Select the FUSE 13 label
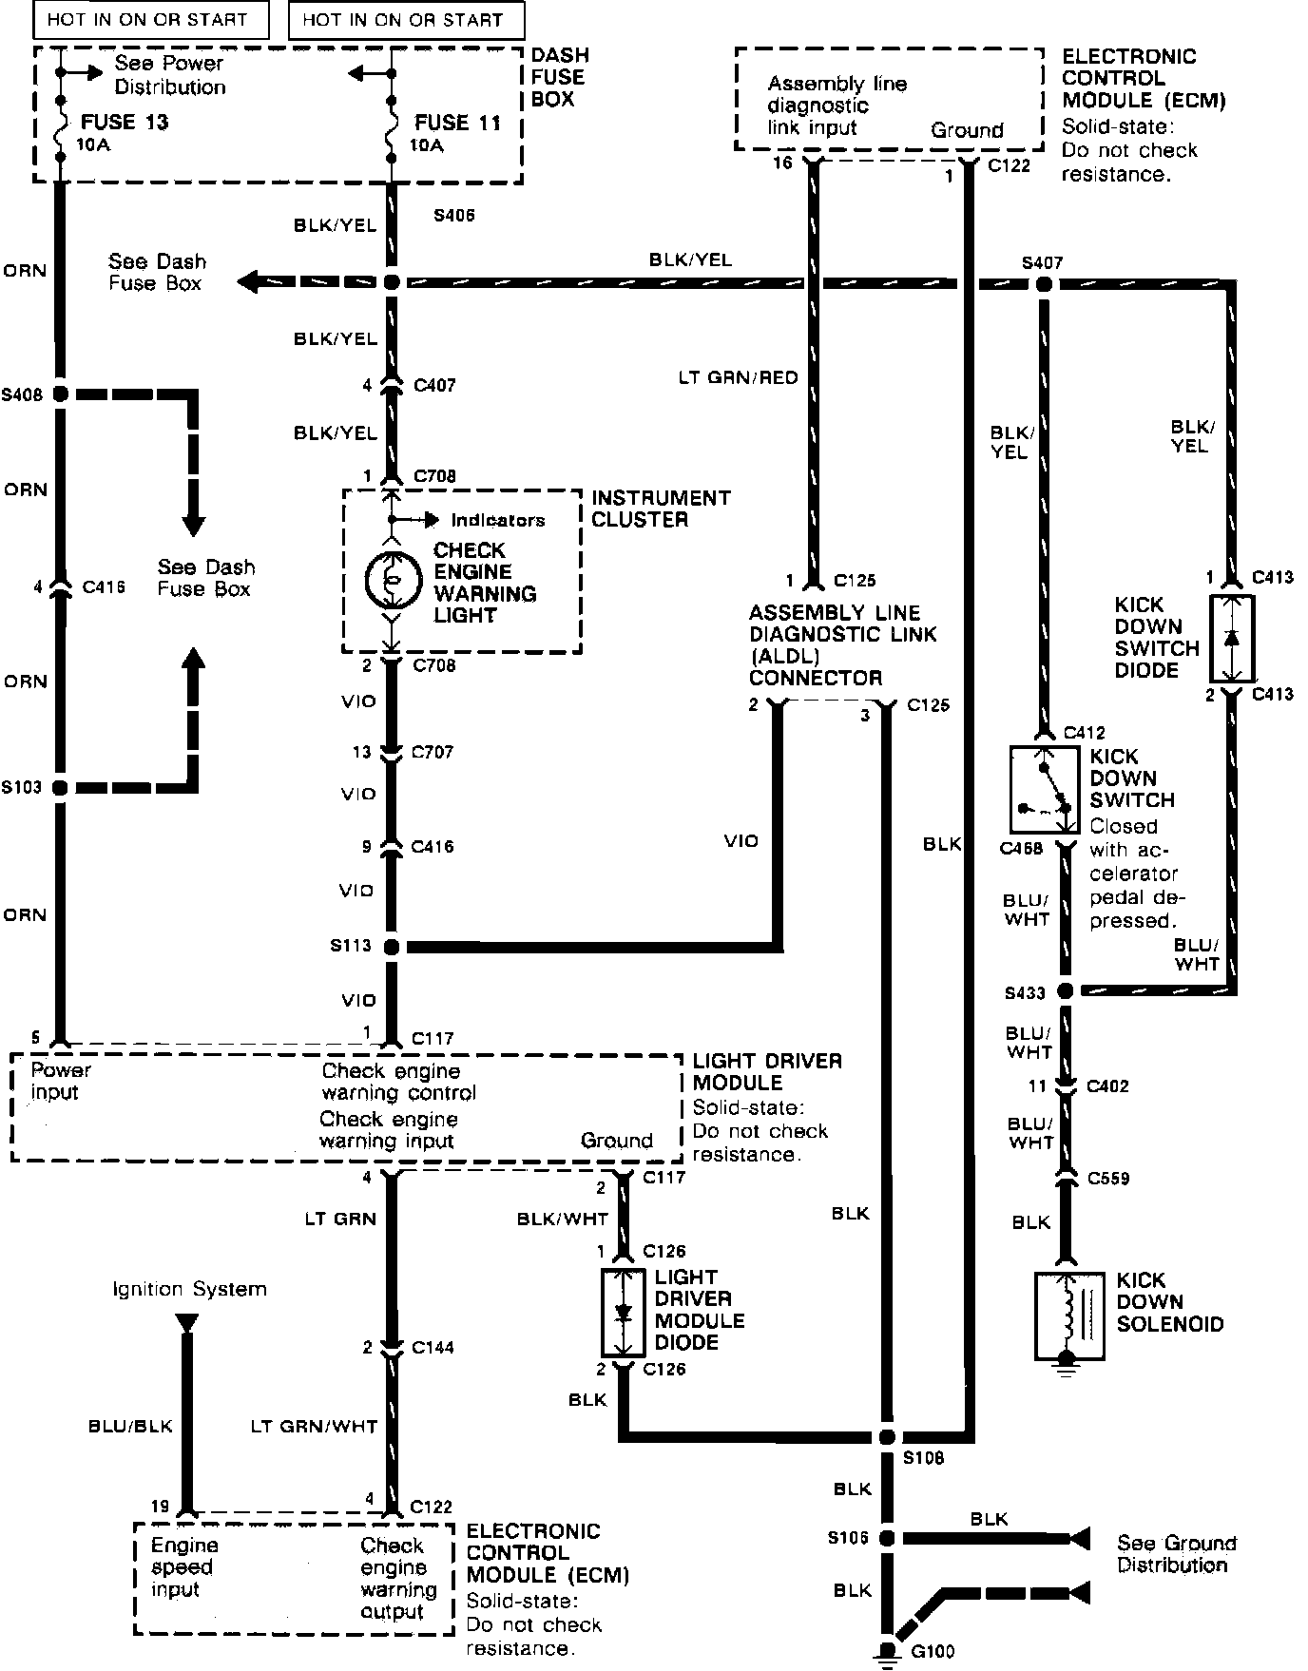[x=125, y=123]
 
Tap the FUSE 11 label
[x=457, y=123]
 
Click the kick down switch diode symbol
[x=1232, y=638]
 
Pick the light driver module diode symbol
[x=624, y=1313]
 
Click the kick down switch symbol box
[x=1044, y=789]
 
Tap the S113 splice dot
[x=391, y=947]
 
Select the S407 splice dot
[x=1044, y=283]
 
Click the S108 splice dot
[x=887, y=1436]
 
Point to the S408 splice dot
[x=60, y=394]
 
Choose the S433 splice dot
[x=1066, y=991]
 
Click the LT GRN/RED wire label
[x=738, y=377]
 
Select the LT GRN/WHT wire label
[x=314, y=1426]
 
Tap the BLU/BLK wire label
[x=130, y=1426]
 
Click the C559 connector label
[x=1108, y=1179]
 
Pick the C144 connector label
[x=433, y=1347]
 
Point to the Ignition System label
[x=189, y=1289]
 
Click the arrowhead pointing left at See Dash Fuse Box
[x=249, y=282]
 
